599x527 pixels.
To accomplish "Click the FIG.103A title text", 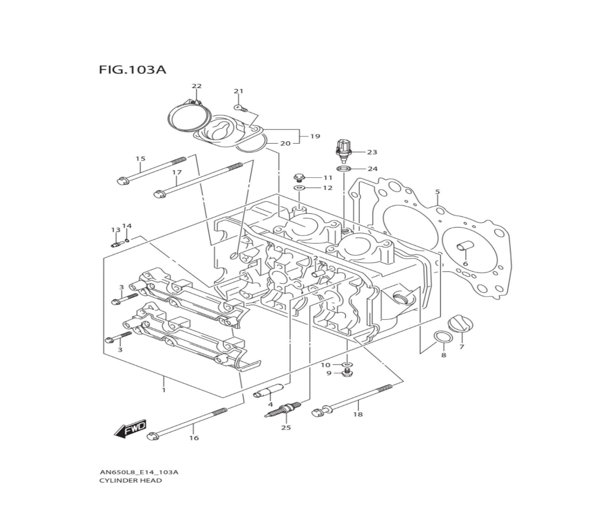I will pyautogui.click(x=132, y=70).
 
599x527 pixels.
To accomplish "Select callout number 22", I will pyautogui.click(x=196, y=86).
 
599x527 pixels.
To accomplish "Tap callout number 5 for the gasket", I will pyautogui.click(x=437, y=192).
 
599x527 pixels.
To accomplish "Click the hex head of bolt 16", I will pyautogui.click(x=152, y=436).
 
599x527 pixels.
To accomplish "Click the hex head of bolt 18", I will pyautogui.click(x=318, y=411).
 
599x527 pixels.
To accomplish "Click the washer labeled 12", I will pyautogui.click(x=299, y=189).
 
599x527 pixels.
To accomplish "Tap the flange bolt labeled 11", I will pyautogui.click(x=299, y=177).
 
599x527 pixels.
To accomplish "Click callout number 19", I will pyautogui.click(x=315, y=137).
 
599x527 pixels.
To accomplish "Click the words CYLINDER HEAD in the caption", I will pyautogui.click(x=130, y=480).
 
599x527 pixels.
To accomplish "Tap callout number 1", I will pyautogui.click(x=163, y=390).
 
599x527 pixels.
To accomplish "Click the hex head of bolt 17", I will pyautogui.click(x=159, y=193).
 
